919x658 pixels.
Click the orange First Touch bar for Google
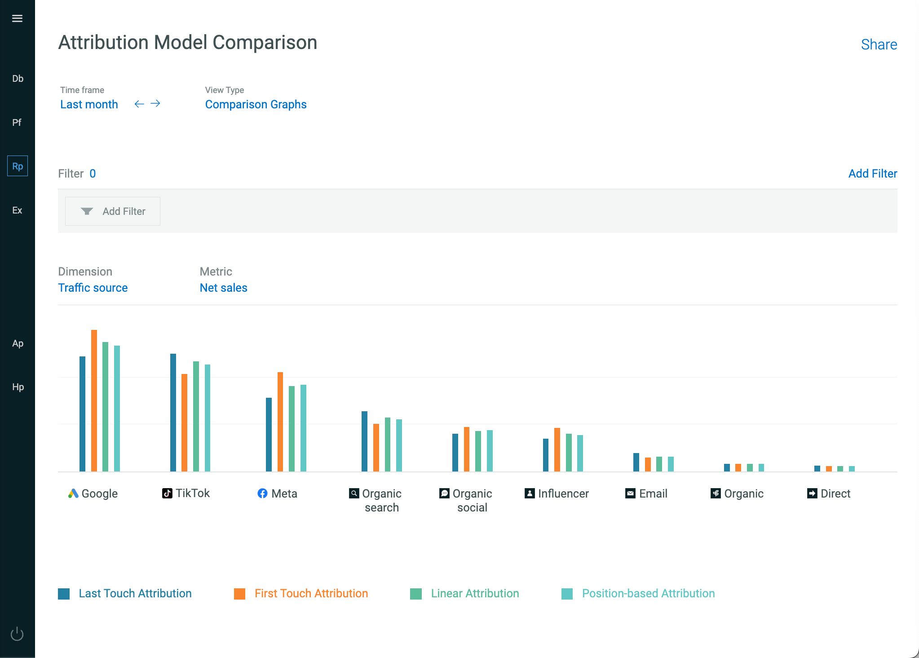pyautogui.click(x=94, y=400)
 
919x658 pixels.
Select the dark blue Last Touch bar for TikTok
pyautogui.click(x=173, y=413)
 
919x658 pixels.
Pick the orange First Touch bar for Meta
pyautogui.click(x=280, y=422)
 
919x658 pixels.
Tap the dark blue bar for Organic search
pyautogui.click(x=364, y=441)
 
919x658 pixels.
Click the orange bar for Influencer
pyautogui.click(x=557, y=449)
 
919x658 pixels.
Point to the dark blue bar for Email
pyautogui.click(x=636, y=462)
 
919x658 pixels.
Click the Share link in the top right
pyautogui.click(x=879, y=44)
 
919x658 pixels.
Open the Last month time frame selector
pyautogui.click(x=89, y=104)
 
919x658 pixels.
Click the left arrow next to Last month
pyautogui.click(x=139, y=104)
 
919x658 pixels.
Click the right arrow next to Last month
pyautogui.click(x=155, y=104)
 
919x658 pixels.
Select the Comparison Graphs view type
pyautogui.click(x=256, y=104)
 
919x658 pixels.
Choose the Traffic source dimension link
pyautogui.click(x=93, y=288)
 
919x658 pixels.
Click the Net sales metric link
pyautogui.click(x=223, y=288)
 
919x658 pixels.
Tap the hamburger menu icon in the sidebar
pyautogui.click(x=17, y=18)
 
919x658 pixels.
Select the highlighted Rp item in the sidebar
pyautogui.click(x=18, y=166)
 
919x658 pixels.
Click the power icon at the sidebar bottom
pyautogui.click(x=17, y=634)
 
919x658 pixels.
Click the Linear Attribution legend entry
pyautogui.click(x=464, y=593)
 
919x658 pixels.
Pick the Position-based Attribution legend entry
pyautogui.click(x=638, y=593)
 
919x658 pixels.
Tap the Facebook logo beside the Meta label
pyautogui.click(x=262, y=493)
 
